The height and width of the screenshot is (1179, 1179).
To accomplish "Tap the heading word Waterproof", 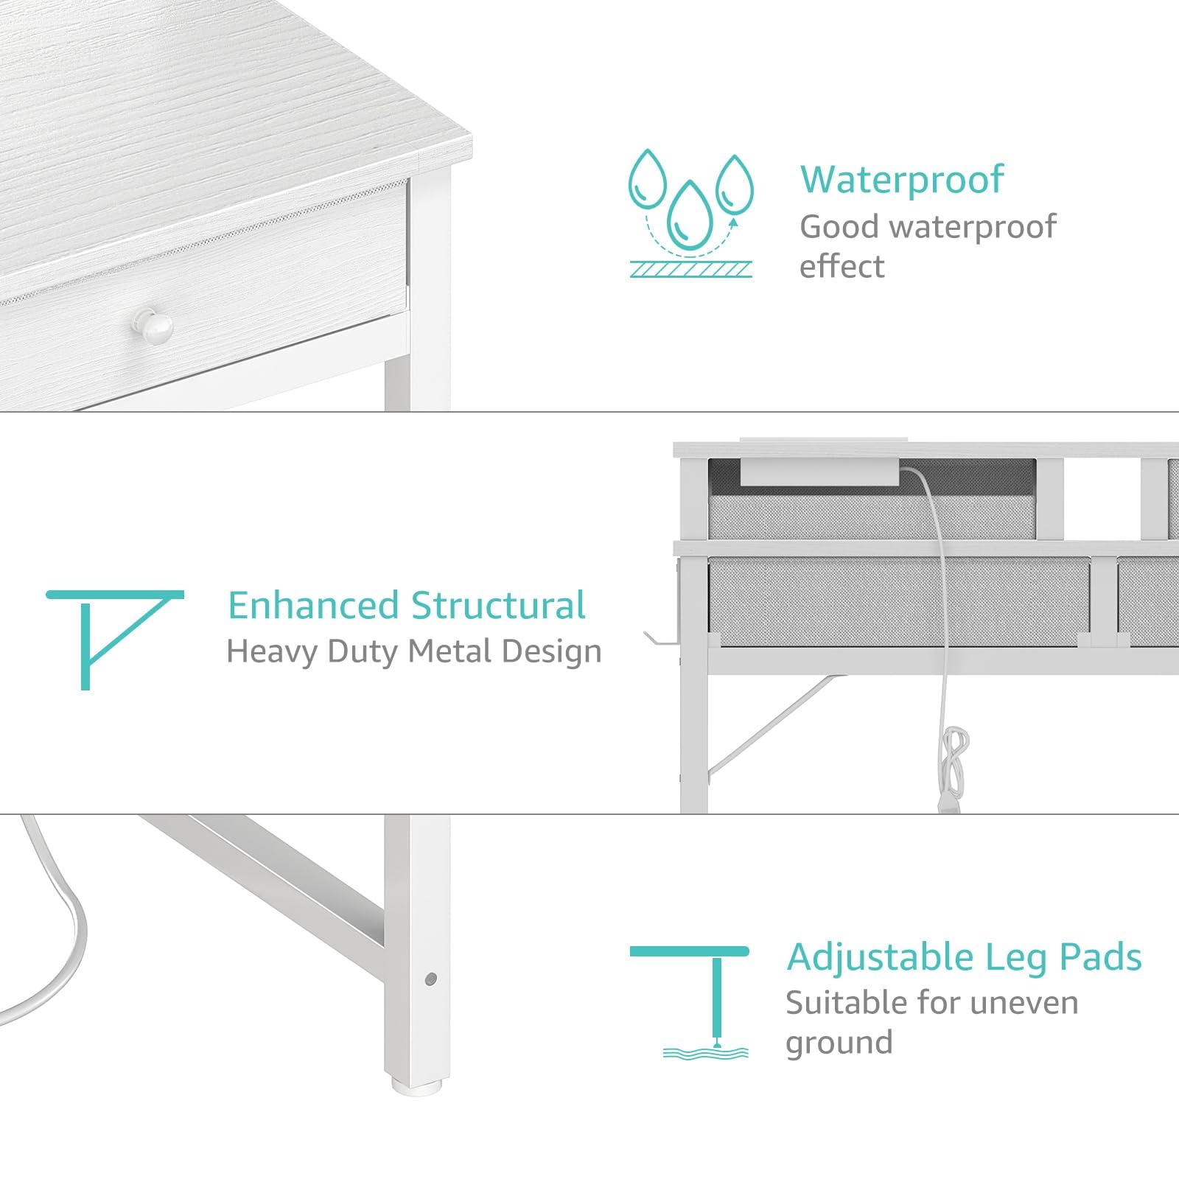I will coord(902,180).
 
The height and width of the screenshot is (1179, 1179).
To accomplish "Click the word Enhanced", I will coord(313,606).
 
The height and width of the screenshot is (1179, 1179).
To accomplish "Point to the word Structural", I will coord(498,606).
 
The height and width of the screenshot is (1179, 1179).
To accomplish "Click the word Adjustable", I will coord(880,957).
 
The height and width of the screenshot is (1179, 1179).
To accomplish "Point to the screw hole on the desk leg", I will coord(431,979).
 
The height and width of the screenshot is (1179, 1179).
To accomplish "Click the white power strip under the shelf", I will coord(819,472).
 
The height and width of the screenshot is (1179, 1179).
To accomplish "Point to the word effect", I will coord(842,267).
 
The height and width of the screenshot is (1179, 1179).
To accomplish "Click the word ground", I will coord(839,1043).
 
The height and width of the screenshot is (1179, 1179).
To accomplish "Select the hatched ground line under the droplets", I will coord(691,270).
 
